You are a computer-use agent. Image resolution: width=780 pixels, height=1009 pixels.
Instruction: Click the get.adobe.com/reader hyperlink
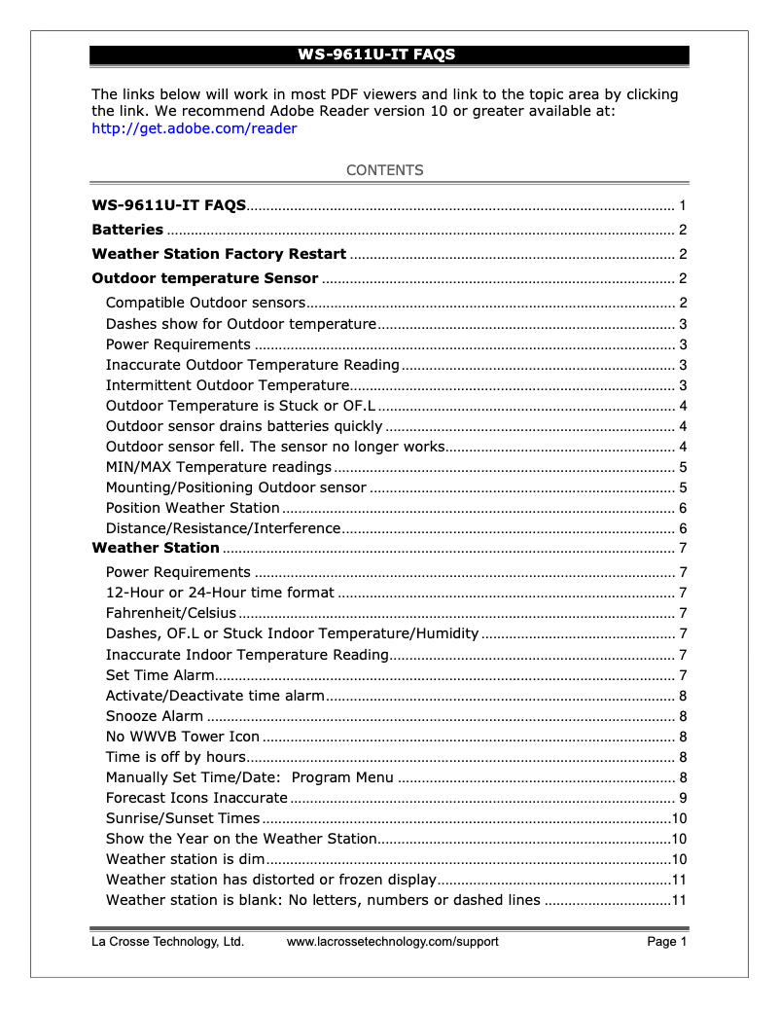click(194, 128)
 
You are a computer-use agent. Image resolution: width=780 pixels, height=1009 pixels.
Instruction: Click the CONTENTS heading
click(385, 170)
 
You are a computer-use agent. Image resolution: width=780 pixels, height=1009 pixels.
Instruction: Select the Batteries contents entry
click(127, 231)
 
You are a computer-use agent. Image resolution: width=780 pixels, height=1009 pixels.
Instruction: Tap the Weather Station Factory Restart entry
click(219, 255)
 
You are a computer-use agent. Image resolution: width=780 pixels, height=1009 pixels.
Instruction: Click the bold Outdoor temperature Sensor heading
click(204, 279)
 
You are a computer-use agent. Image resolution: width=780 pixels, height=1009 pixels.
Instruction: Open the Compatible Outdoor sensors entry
click(205, 304)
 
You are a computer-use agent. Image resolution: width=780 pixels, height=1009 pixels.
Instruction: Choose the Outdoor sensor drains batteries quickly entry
click(244, 426)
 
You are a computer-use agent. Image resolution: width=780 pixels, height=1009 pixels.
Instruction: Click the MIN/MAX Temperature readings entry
click(219, 467)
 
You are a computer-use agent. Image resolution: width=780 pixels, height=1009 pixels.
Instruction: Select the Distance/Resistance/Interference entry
click(223, 528)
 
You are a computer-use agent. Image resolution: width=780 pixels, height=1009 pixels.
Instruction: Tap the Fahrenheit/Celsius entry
click(171, 613)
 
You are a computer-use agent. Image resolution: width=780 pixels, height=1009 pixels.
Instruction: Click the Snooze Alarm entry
click(155, 716)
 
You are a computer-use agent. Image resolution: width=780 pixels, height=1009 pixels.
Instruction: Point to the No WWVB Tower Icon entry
click(183, 737)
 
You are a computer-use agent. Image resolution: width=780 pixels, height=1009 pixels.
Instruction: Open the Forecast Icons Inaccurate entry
click(196, 798)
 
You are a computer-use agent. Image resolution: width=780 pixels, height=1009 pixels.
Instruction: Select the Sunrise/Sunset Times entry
click(183, 818)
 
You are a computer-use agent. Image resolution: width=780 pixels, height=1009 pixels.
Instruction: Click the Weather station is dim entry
click(185, 859)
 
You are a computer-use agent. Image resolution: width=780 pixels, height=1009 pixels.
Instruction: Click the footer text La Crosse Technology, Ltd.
click(167, 942)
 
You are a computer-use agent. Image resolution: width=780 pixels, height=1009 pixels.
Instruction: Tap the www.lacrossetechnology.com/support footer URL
click(392, 942)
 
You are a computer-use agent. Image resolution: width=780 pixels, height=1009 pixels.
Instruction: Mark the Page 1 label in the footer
click(667, 942)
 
